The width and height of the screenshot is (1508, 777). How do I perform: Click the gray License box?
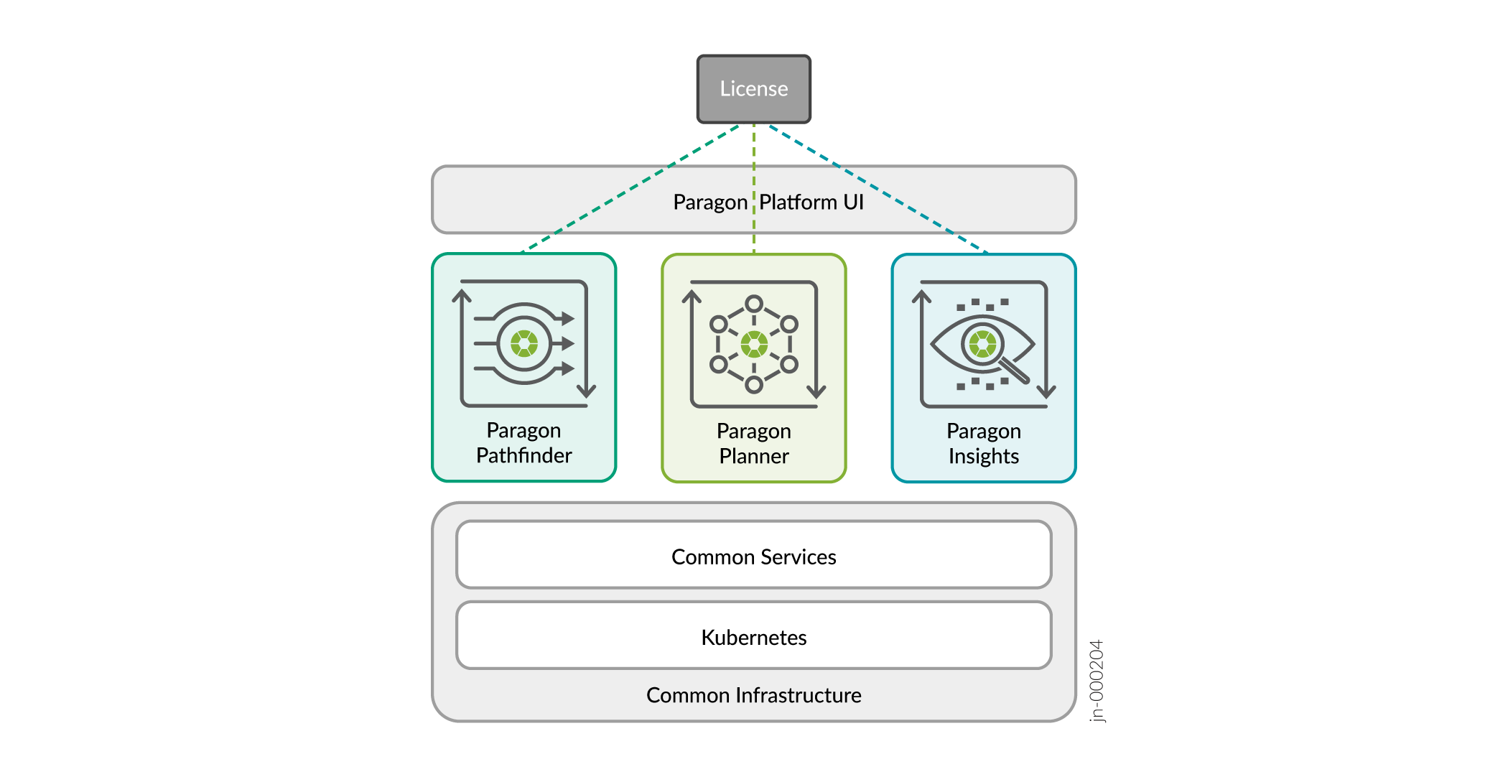(x=754, y=89)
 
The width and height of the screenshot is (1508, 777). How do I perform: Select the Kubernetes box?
(x=754, y=636)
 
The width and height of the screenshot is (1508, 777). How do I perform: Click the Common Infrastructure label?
(x=754, y=695)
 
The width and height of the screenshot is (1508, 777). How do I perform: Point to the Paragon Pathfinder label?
(x=524, y=442)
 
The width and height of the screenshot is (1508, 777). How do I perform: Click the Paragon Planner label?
(x=754, y=443)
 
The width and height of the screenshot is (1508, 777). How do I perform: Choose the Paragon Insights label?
(x=984, y=443)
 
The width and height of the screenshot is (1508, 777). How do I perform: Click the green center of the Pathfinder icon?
(x=524, y=343)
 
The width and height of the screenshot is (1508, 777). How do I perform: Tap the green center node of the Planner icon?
(x=754, y=345)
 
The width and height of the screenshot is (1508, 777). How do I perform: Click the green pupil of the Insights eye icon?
(x=982, y=345)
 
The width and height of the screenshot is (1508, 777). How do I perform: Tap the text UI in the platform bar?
(x=854, y=203)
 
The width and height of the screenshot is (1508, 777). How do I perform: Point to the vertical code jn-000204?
(x=1097, y=681)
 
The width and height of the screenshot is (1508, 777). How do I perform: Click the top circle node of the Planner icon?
(x=754, y=304)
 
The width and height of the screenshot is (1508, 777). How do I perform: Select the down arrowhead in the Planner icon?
(x=816, y=392)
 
